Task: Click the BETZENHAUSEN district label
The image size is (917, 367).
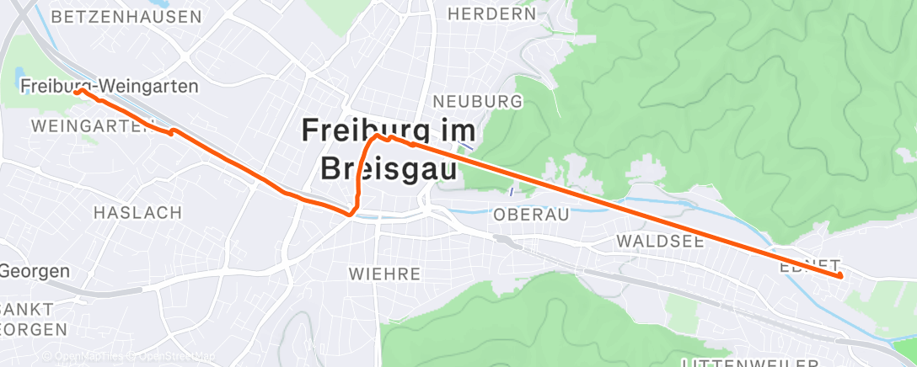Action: (126, 17)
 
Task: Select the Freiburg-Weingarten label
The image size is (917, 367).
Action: (110, 86)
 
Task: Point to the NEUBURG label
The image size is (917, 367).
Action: (478, 102)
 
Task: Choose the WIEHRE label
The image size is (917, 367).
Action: (384, 274)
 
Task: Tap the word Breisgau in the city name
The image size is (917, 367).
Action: (389, 169)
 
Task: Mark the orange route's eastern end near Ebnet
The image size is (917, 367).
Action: (839, 275)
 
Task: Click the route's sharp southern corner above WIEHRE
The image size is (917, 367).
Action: (349, 214)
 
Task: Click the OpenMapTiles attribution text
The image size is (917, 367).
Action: (89, 358)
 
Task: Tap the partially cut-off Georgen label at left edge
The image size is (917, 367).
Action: (34, 271)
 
